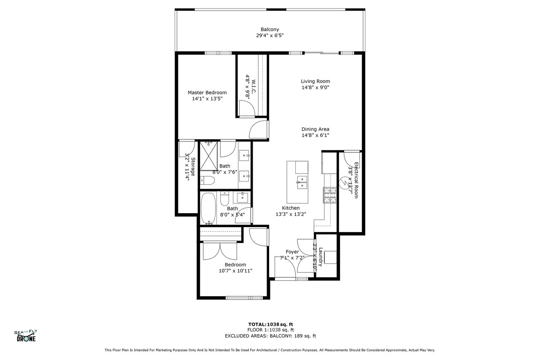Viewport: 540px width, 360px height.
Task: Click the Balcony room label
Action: tap(270, 30)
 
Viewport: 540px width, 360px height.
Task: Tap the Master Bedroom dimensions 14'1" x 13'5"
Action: tap(207, 99)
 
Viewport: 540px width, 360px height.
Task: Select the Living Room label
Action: tap(315, 81)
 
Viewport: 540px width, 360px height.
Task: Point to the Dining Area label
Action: tap(315, 129)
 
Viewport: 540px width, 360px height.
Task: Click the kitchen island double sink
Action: tap(302, 182)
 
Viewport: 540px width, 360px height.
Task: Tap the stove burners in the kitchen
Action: tap(330, 195)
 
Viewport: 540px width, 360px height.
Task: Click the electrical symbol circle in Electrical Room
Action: tap(343, 183)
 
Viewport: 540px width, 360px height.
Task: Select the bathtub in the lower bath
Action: tap(208, 208)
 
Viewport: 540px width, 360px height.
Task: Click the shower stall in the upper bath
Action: tap(209, 156)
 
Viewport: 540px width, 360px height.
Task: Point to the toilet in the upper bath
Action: tap(207, 180)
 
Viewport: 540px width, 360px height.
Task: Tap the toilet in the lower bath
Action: tap(224, 198)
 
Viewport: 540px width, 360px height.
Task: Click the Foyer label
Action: tap(292, 252)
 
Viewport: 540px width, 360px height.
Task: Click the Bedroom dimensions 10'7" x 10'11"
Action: tap(235, 271)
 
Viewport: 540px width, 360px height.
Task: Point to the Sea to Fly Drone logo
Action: tap(26, 336)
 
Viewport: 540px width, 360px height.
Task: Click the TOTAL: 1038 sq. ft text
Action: tap(271, 324)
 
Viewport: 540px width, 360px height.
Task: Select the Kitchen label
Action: tap(291, 208)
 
